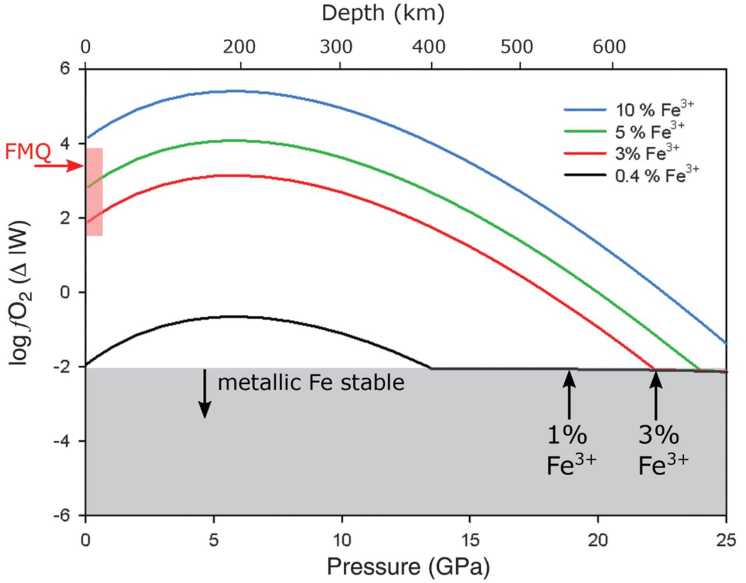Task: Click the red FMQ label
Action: click(x=27, y=152)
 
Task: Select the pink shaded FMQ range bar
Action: click(x=94, y=192)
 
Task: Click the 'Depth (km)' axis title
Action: click(x=383, y=13)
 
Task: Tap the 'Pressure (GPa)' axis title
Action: click(x=407, y=567)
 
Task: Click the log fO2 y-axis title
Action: click(x=20, y=293)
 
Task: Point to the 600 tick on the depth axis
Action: click(x=609, y=47)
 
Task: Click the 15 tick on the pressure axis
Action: click(x=470, y=539)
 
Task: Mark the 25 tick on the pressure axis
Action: click(x=725, y=539)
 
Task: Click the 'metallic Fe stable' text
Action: click(x=311, y=383)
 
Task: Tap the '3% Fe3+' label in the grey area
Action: click(x=662, y=450)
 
